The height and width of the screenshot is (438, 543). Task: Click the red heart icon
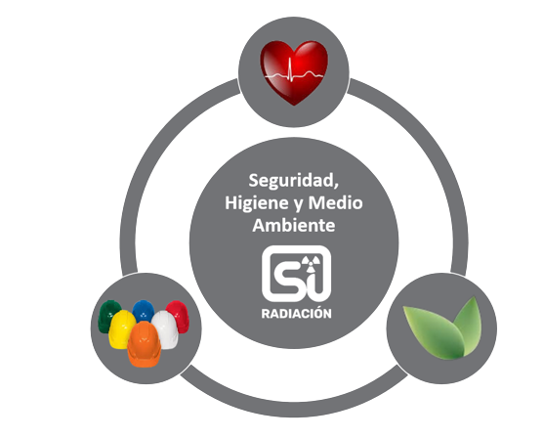(x=294, y=72)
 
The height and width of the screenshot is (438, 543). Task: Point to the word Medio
(x=336, y=203)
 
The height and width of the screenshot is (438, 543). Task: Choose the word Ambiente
(x=294, y=226)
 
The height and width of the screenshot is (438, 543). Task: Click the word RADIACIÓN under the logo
(x=297, y=313)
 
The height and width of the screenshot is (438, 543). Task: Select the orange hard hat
(x=145, y=343)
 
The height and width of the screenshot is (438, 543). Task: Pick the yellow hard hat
(x=121, y=328)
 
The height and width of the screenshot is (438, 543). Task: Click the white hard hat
(x=165, y=328)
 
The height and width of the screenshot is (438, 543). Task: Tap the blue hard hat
(x=144, y=310)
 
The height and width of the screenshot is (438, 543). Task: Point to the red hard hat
(x=179, y=316)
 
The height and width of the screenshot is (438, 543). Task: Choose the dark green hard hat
(x=108, y=315)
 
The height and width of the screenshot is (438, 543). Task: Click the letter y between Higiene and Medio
(x=299, y=204)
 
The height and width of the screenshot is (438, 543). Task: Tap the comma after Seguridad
(x=336, y=188)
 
